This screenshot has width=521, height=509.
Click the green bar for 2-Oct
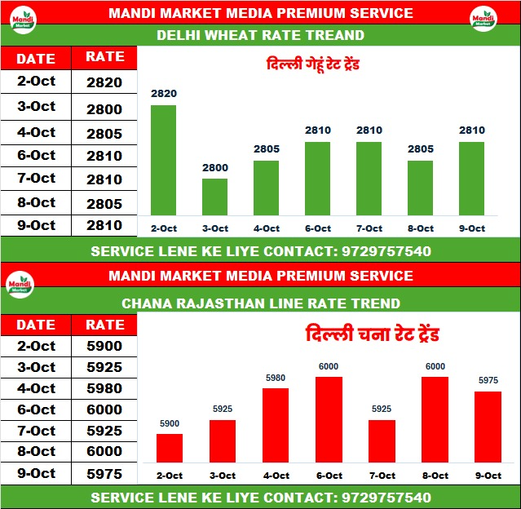(x=163, y=162)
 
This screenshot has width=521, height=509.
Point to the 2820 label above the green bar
(x=163, y=94)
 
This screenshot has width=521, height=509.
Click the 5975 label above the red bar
(x=488, y=380)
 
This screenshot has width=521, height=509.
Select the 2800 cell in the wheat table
(x=104, y=109)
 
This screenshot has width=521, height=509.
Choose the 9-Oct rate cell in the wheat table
(x=104, y=225)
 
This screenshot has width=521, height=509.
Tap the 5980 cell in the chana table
(x=104, y=388)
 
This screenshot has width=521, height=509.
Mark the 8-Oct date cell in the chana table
(x=36, y=452)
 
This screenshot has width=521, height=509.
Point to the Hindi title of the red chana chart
(x=373, y=335)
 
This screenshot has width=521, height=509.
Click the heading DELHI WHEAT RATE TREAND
(x=260, y=35)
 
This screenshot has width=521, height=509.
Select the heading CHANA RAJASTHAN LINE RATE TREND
(x=260, y=303)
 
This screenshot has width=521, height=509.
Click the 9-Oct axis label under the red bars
(x=488, y=475)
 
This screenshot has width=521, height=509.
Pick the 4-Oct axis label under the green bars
(x=266, y=228)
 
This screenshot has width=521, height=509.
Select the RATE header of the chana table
(x=104, y=325)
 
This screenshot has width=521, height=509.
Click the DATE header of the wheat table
(x=36, y=58)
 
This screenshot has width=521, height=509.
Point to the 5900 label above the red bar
(x=169, y=423)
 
